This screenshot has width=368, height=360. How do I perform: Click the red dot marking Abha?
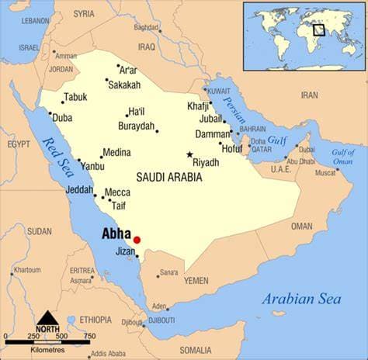pyautogui.click(x=137, y=240)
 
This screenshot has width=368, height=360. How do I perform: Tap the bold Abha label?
pyautogui.click(x=116, y=233)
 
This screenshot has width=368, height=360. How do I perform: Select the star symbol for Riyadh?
pyautogui.click(x=189, y=154)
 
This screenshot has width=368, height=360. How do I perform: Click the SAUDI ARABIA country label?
pyautogui.click(x=169, y=177)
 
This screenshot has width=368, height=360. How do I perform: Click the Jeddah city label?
pyautogui.click(x=79, y=189)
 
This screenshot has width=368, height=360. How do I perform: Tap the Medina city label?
pyautogui.click(x=116, y=152)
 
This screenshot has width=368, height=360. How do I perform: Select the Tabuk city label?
pyautogui.click(x=75, y=97)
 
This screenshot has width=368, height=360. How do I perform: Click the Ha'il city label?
pyautogui.click(x=137, y=112)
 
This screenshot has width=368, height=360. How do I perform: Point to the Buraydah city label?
pyautogui.click(x=137, y=126)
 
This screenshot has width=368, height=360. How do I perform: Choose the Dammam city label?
pyautogui.click(x=213, y=133)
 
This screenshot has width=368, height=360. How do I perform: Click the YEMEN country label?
pyautogui.click(x=196, y=281)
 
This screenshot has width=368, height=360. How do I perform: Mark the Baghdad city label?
pyautogui.click(x=146, y=27)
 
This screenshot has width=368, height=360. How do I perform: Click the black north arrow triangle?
pyautogui.click(x=47, y=318)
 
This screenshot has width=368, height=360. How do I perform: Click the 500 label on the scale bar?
pyautogui.click(x=68, y=336)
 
